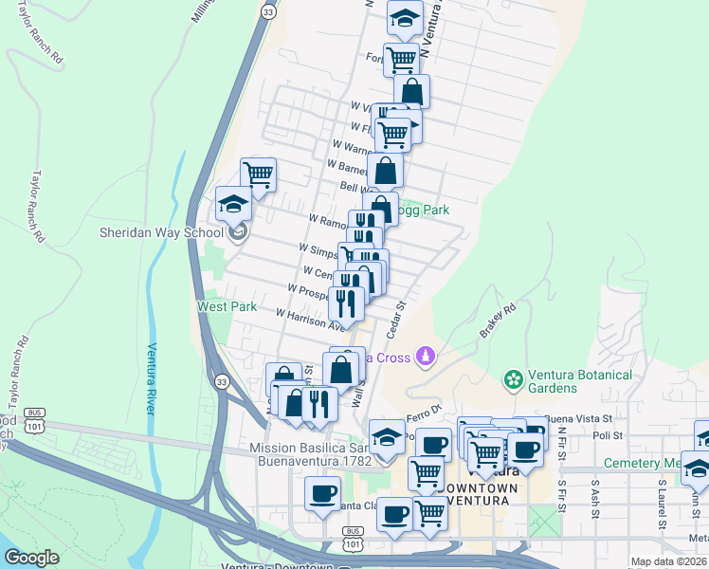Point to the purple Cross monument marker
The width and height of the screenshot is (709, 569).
(x=426, y=357)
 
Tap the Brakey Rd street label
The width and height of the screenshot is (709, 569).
(x=497, y=320)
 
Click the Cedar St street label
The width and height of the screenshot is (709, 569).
(x=396, y=318)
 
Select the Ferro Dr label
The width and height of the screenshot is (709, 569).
(x=426, y=409)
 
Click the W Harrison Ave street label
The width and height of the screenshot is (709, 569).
(x=311, y=319)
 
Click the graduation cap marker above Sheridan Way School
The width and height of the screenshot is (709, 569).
(x=233, y=203)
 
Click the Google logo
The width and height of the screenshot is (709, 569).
(x=32, y=558)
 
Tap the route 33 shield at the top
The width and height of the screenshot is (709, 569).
(x=268, y=10)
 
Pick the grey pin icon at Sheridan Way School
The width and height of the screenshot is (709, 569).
(x=237, y=232)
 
